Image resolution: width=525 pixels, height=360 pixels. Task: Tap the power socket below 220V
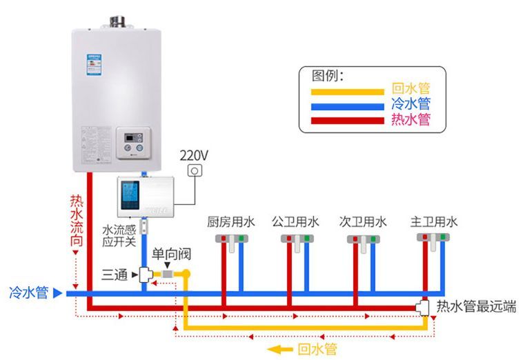(195, 170)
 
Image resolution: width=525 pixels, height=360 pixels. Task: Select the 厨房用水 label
(231, 222)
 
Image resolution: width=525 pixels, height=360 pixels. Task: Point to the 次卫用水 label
(363, 222)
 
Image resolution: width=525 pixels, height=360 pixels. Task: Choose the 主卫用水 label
(434, 222)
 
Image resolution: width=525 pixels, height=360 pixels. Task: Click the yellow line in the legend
(347, 90)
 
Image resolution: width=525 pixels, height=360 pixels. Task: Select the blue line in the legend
(347, 106)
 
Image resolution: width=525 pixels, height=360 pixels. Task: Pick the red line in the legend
(347, 120)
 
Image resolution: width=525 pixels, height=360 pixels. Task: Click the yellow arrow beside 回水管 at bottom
(280, 350)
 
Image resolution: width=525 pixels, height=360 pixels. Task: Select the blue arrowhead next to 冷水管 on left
(58, 293)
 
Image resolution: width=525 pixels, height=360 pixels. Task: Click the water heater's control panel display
(132, 138)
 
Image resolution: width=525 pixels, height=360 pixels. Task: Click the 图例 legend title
(328, 74)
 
